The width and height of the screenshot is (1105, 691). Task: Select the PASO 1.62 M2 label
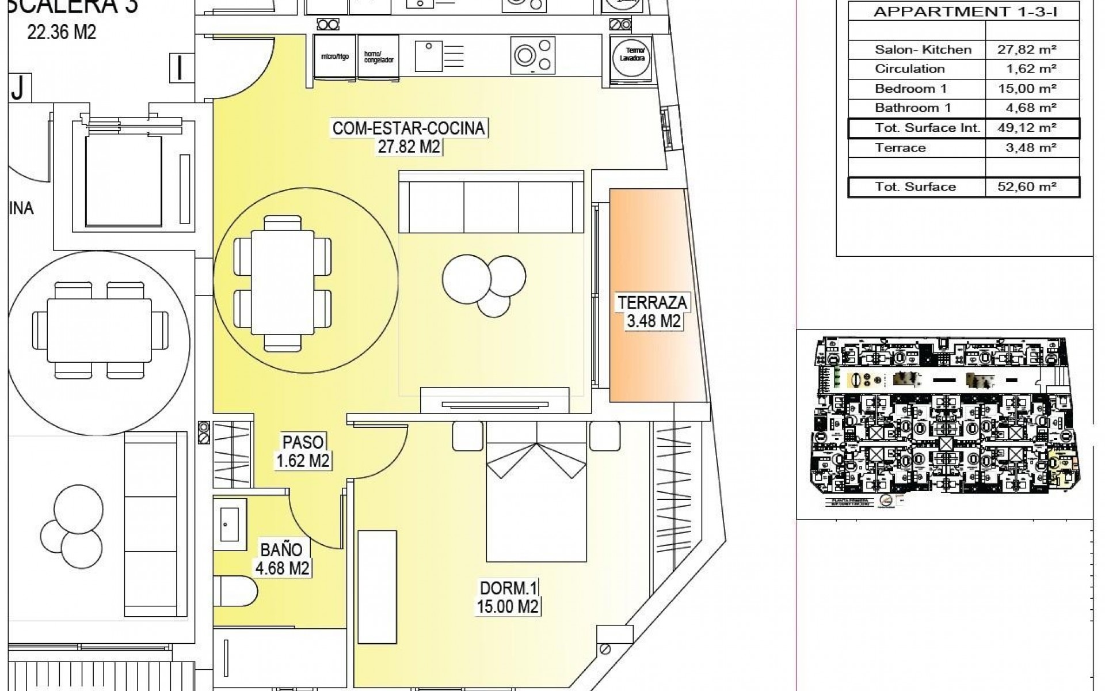303,451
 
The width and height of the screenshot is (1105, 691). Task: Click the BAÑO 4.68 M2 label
282,559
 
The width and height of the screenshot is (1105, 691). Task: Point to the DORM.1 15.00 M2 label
508,597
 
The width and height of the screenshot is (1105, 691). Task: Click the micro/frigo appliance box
335,56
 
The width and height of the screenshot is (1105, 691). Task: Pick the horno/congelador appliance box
379,56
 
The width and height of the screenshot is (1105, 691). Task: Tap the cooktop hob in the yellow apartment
533,56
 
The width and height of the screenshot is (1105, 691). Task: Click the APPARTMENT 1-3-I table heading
964,12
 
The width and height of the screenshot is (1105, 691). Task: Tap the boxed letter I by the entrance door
180,68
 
